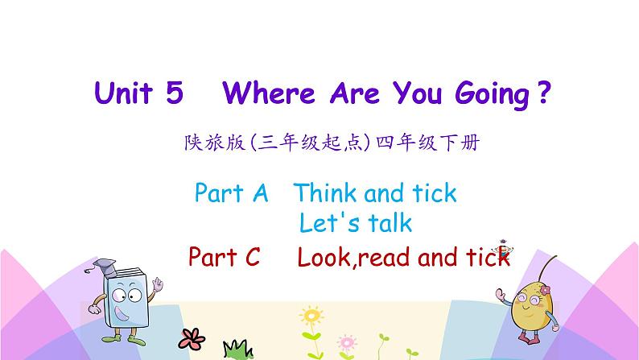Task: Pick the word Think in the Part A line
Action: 325,193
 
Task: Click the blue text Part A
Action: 230,193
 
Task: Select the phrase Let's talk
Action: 355,221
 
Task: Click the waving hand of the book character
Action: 159,286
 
